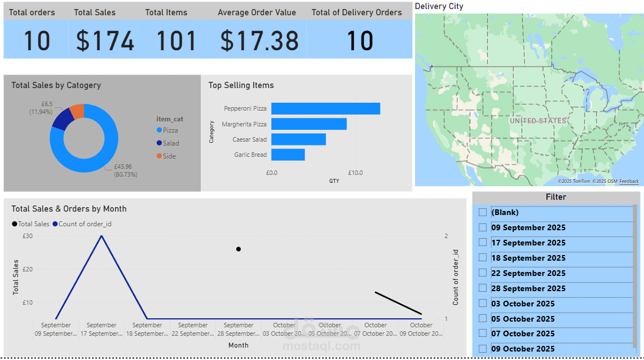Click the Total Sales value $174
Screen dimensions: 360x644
(105, 41)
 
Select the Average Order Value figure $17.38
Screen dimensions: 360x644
(259, 41)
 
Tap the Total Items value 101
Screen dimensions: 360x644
(176, 41)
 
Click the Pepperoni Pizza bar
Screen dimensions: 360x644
(325, 108)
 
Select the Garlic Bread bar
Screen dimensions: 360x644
(288, 155)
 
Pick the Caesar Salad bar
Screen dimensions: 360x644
(298, 139)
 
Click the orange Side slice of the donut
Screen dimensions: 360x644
(78, 111)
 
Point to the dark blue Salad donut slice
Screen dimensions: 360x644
(63, 118)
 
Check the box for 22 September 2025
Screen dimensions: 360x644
(483, 273)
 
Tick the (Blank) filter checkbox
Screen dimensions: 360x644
(483, 212)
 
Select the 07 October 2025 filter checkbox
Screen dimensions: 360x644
(483, 333)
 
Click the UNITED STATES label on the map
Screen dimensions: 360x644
(537, 121)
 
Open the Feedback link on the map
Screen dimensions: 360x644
(629, 181)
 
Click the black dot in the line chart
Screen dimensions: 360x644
(239, 249)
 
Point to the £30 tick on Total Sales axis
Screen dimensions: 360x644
(27, 236)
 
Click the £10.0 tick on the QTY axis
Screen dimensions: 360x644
(355, 173)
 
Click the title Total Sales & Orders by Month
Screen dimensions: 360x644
(69, 209)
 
